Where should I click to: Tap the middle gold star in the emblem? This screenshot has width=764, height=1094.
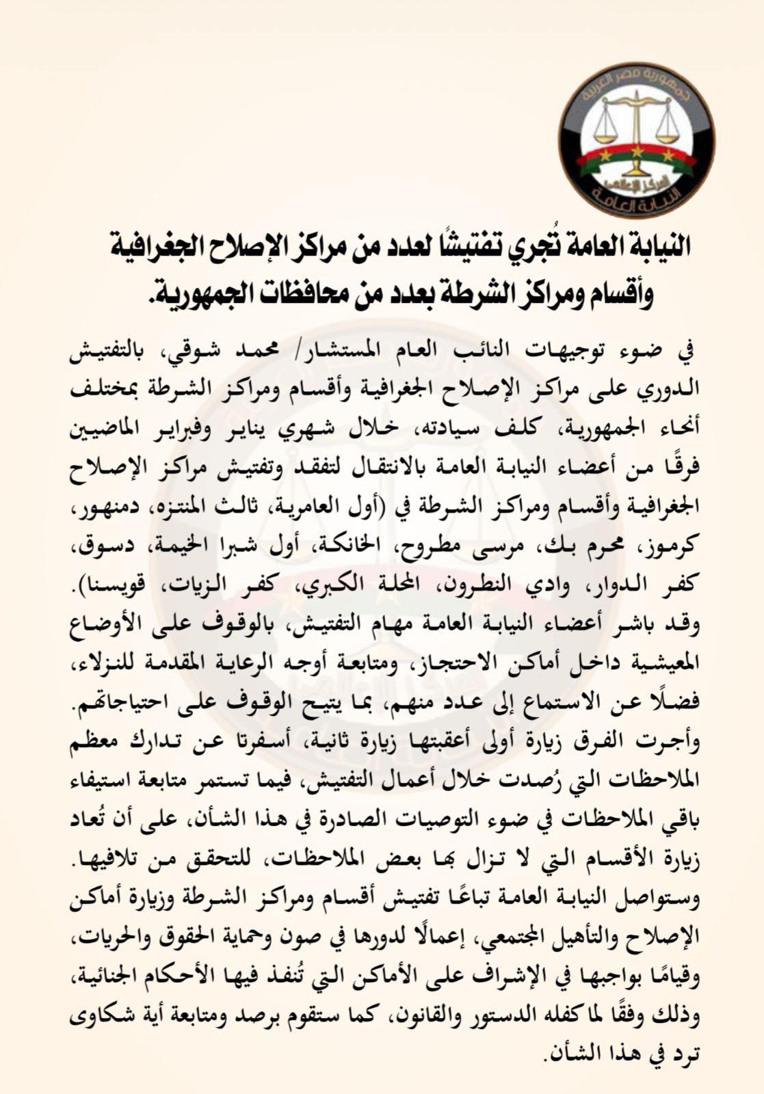click(637, 150)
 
